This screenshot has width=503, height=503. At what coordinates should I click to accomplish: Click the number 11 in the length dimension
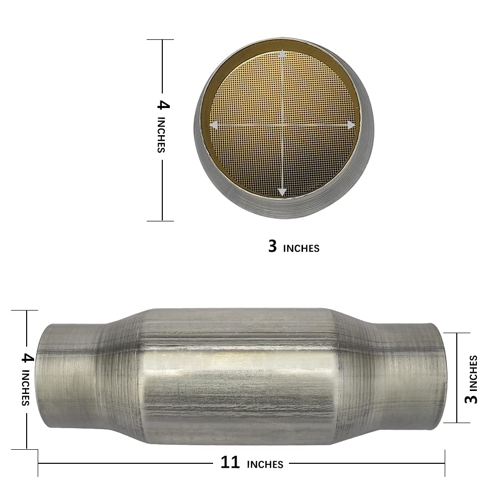(230, 462)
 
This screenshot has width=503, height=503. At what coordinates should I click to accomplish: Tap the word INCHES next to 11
(265, 464)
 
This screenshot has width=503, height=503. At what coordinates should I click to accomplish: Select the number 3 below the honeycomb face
(272, 246)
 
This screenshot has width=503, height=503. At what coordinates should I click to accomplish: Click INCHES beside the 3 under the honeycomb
(300, 248)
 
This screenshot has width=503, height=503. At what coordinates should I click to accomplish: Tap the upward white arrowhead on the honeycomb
(282, 54)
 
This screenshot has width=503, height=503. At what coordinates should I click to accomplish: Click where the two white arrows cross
(282, 124)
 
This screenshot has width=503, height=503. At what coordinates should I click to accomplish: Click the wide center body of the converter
(236, 377)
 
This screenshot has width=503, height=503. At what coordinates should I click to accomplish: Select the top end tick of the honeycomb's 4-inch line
(160, 40)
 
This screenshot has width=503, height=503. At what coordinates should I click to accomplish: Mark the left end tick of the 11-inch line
(38, 463)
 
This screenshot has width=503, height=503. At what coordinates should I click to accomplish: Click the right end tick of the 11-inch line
(445, 463)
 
